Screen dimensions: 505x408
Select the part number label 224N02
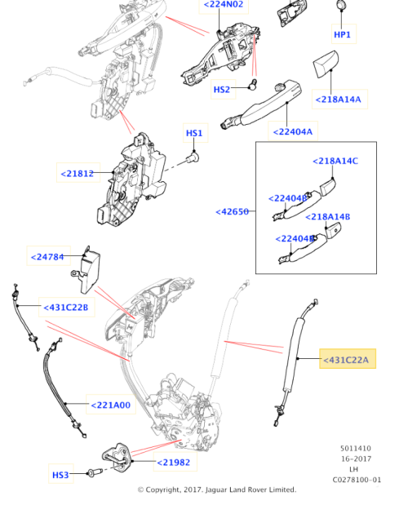(x=223, y=5)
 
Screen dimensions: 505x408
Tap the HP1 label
(x=343, y=35)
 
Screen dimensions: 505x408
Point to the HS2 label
(x=222, y=90)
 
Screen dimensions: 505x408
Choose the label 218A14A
(x=337, y=100)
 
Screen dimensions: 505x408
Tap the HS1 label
(x=194, y=133)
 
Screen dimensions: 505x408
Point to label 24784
(x=51, y=257)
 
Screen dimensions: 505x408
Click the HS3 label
(x=61, y=474)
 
